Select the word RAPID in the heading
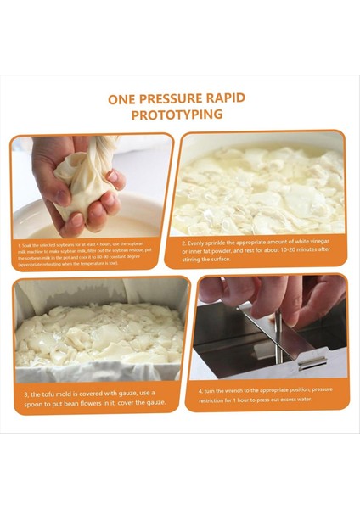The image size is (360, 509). pos(229,98)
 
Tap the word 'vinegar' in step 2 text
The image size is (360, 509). pos(323,242)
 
